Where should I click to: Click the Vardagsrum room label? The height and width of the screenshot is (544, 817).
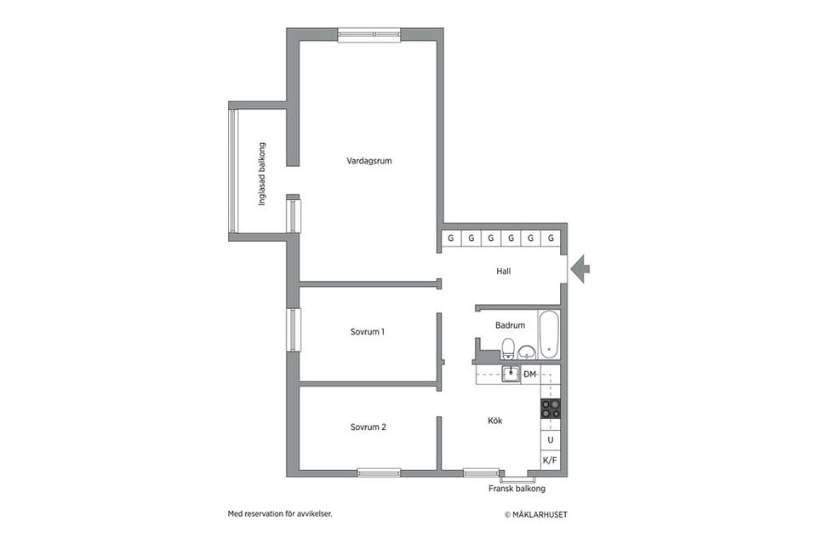tap(369, 161)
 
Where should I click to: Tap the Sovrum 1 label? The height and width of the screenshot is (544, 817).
tap(368, 331)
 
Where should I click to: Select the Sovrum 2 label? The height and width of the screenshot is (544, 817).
tap(368, 427)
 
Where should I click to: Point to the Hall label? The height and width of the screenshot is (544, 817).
tap(504, 272)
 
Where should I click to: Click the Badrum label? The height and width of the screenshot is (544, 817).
tap(510, 324)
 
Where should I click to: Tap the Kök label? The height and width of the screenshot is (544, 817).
tap(495, 421)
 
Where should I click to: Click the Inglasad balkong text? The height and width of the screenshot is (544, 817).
tap(262, 174)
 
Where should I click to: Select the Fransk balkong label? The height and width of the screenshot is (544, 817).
tap(517, 490)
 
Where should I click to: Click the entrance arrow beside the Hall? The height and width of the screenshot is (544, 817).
tap(580, 270)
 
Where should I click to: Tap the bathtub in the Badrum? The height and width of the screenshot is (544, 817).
tap(550, 335)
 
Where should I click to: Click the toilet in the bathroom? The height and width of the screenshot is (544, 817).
tap(508, 348)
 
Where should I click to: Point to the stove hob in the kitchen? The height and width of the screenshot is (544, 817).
tap(551, 409)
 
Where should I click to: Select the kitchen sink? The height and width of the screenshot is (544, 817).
tap(511, 374)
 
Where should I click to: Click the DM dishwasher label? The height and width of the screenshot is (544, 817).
tap(529, 375)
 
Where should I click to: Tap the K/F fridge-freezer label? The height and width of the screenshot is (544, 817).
tap(550, 461)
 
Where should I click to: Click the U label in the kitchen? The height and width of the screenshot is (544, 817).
tap(551, 440)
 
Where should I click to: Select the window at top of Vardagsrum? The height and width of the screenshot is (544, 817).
tap(369, 36)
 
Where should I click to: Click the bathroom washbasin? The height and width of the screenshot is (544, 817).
tap(527, 351)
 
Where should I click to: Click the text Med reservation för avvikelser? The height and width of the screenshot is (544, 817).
tap(280, 513)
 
